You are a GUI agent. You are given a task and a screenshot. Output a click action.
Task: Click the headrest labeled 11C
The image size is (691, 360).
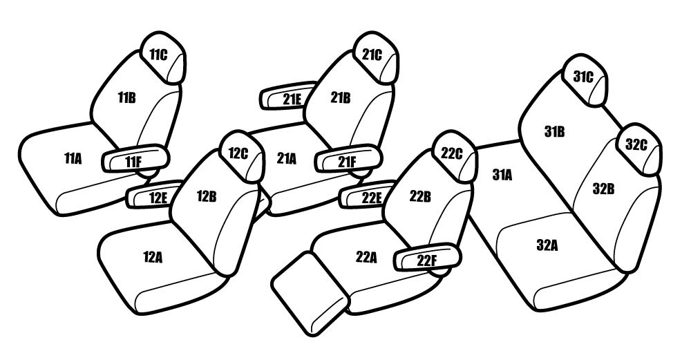click(x=163, y=57)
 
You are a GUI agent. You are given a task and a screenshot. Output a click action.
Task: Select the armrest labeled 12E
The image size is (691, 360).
click(x=154, y=195)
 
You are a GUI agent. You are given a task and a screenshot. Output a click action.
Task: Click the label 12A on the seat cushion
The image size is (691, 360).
click(x=153, y=257)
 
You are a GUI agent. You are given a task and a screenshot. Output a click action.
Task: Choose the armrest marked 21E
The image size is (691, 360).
click(x=289, y=95)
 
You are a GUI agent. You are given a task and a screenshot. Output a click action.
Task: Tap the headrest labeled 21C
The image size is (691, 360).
click(x=376, y=57)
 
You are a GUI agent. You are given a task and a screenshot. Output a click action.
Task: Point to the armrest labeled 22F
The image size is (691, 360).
click(x=427, y=257)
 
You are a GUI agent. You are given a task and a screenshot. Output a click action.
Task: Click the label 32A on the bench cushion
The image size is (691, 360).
click(x=547, y=245)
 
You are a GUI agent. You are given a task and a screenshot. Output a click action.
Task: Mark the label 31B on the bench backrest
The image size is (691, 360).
click(x=554, y=131)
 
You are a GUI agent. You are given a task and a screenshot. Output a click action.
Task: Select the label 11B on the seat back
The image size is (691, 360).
click(x=126, y=98)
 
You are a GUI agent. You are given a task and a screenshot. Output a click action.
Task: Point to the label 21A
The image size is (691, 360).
click(x=287, y=159)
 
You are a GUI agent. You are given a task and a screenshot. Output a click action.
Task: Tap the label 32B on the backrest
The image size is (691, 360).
click(x=603, y=189)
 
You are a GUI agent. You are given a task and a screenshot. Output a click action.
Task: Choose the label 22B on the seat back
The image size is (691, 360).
click(x=420, y=196)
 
